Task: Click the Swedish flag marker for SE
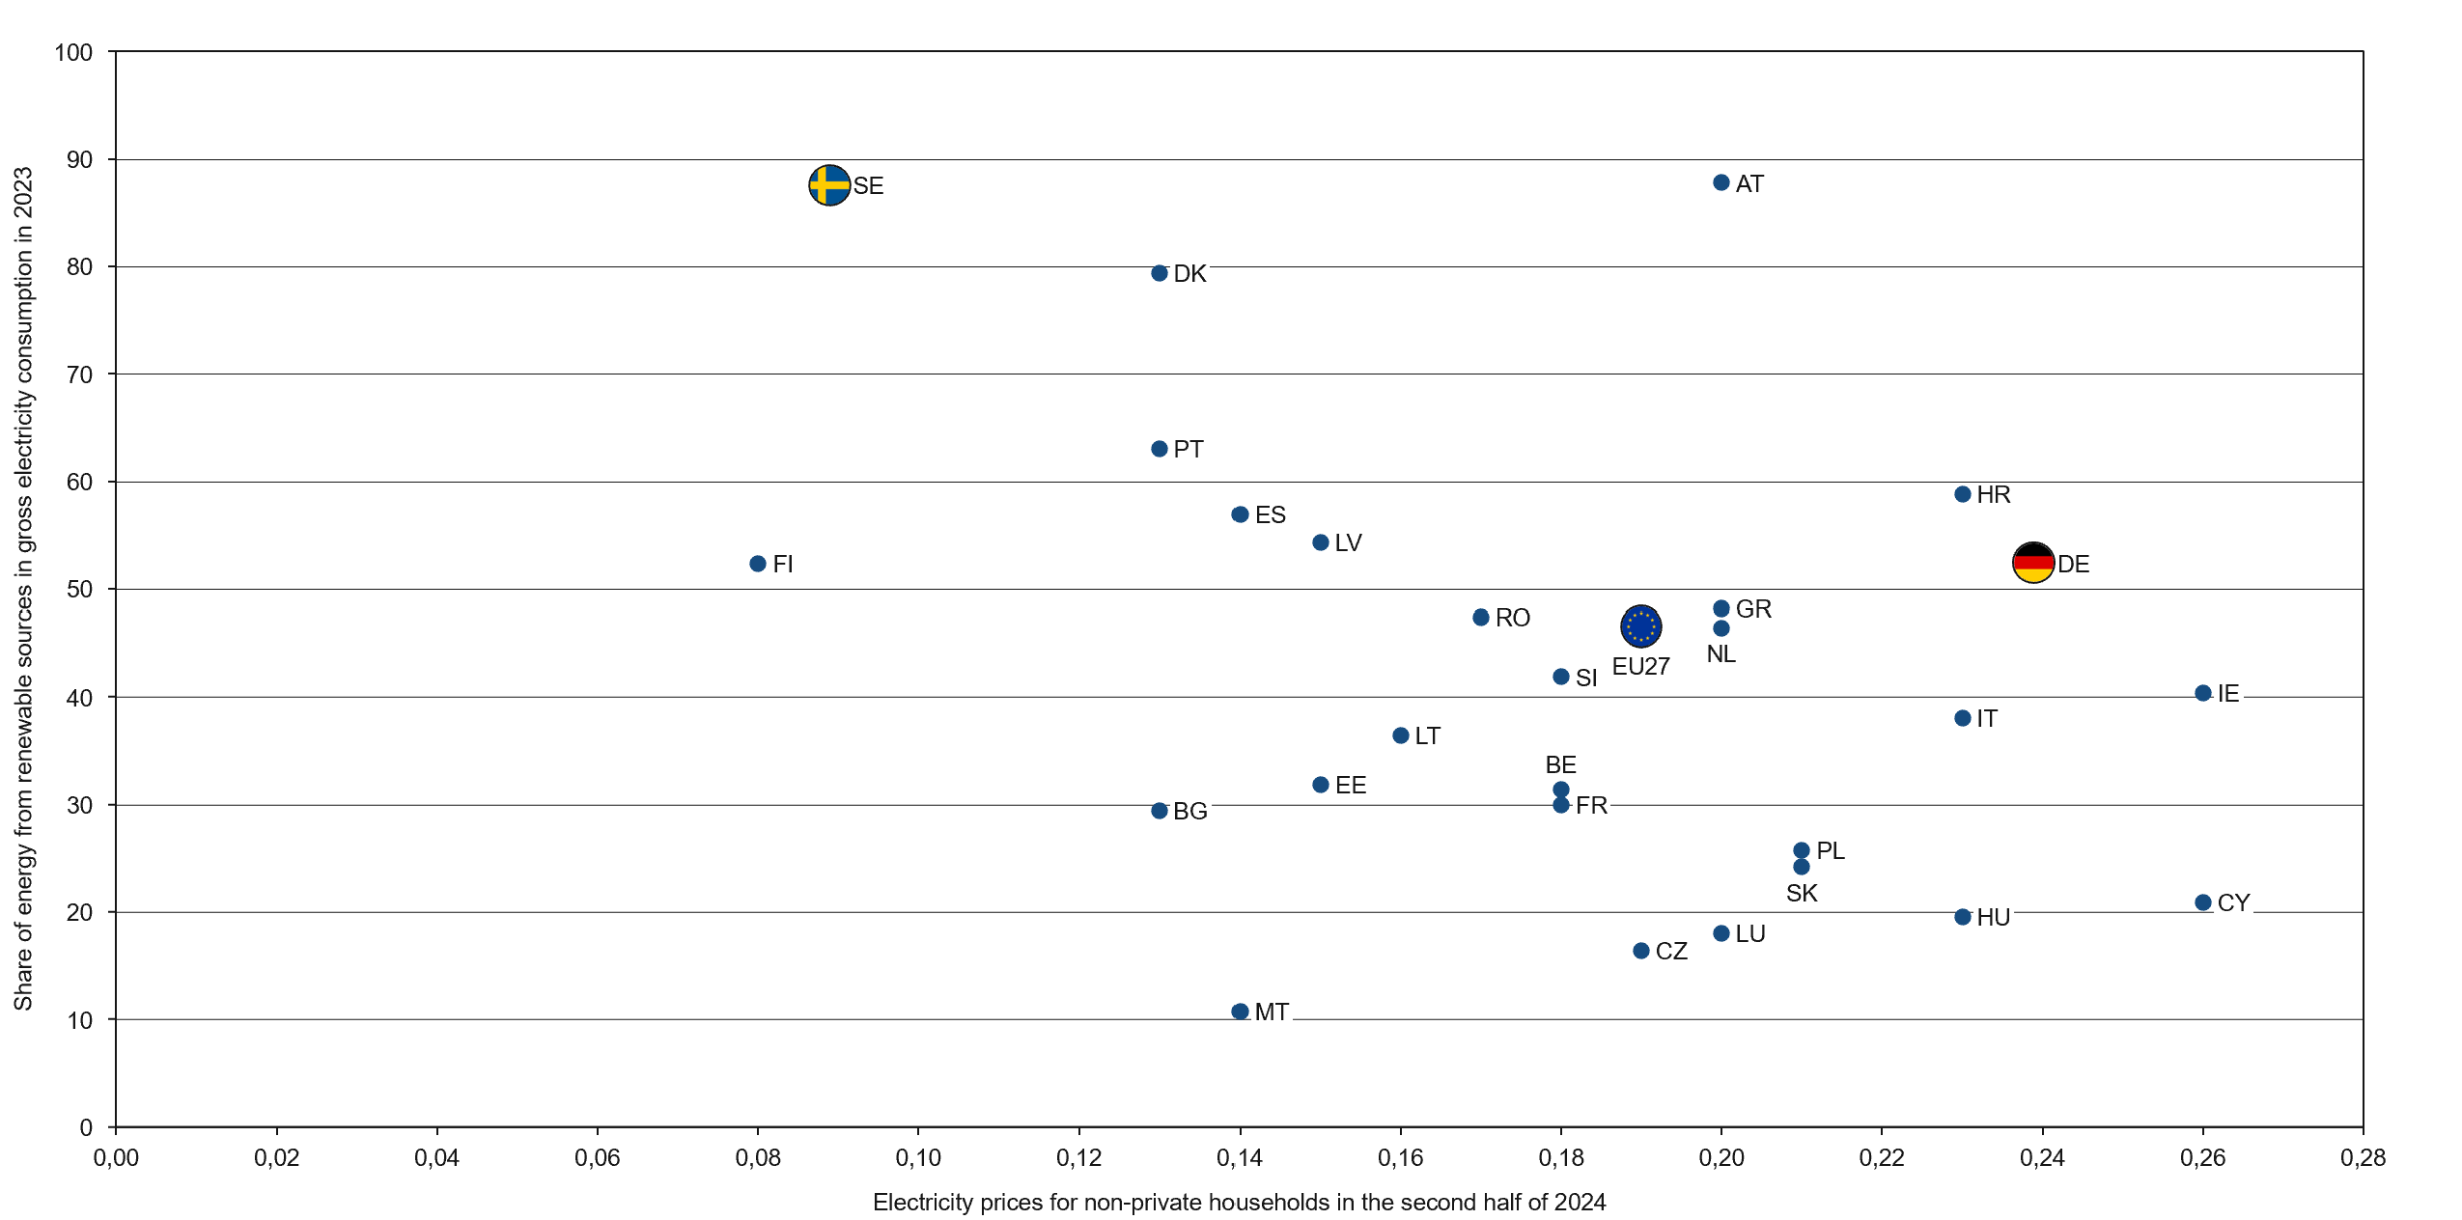point(828,184)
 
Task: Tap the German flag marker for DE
point(2032,563)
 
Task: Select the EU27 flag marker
point(1640,626)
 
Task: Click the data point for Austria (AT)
point(1721,182)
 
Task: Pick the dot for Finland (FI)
point(758,564)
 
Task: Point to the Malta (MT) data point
point(1240,1012)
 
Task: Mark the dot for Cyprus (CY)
point(2202,902)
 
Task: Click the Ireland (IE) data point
point(2202,693)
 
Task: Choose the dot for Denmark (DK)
point(1160,273)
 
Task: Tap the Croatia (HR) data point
point(1962,494)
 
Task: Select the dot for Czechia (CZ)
point(1640,951)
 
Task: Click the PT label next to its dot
point(1189,449)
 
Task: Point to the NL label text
point(1721,654)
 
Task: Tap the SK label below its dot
point(1801,894)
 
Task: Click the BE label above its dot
point(1560,764)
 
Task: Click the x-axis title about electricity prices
point(1239,1203)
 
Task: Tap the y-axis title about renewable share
point(23,589)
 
